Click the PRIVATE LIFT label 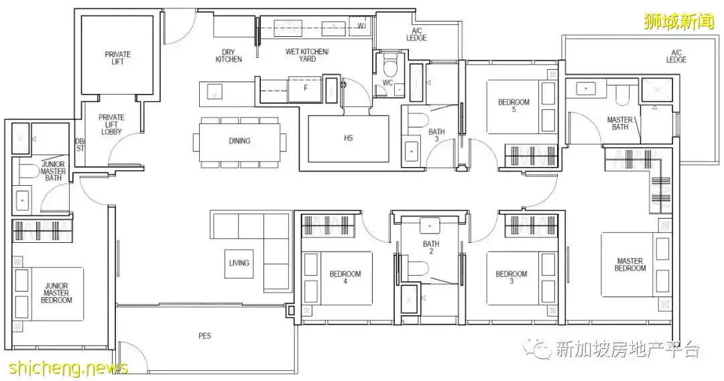118,58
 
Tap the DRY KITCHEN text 229,56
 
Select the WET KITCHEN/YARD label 307,55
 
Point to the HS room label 348,138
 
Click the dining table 239,141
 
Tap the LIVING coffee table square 239,264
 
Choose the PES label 204,336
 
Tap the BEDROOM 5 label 514,106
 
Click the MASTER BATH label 619,123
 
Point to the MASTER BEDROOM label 629,265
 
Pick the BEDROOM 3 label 511,277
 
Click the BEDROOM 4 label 345,277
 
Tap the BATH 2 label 431,248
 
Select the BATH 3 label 436,135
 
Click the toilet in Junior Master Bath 27,171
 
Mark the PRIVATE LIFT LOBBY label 111,125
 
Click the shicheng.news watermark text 64,368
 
